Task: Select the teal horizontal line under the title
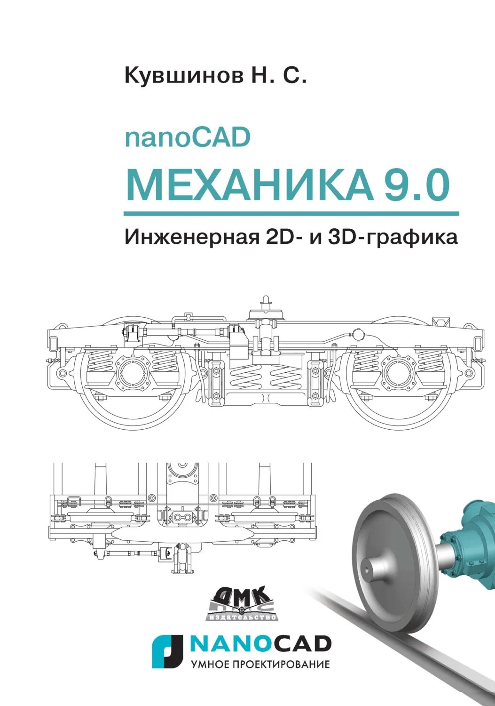[291, 214]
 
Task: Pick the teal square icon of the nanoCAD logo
[167, 651]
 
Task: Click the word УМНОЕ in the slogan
[210, 665]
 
